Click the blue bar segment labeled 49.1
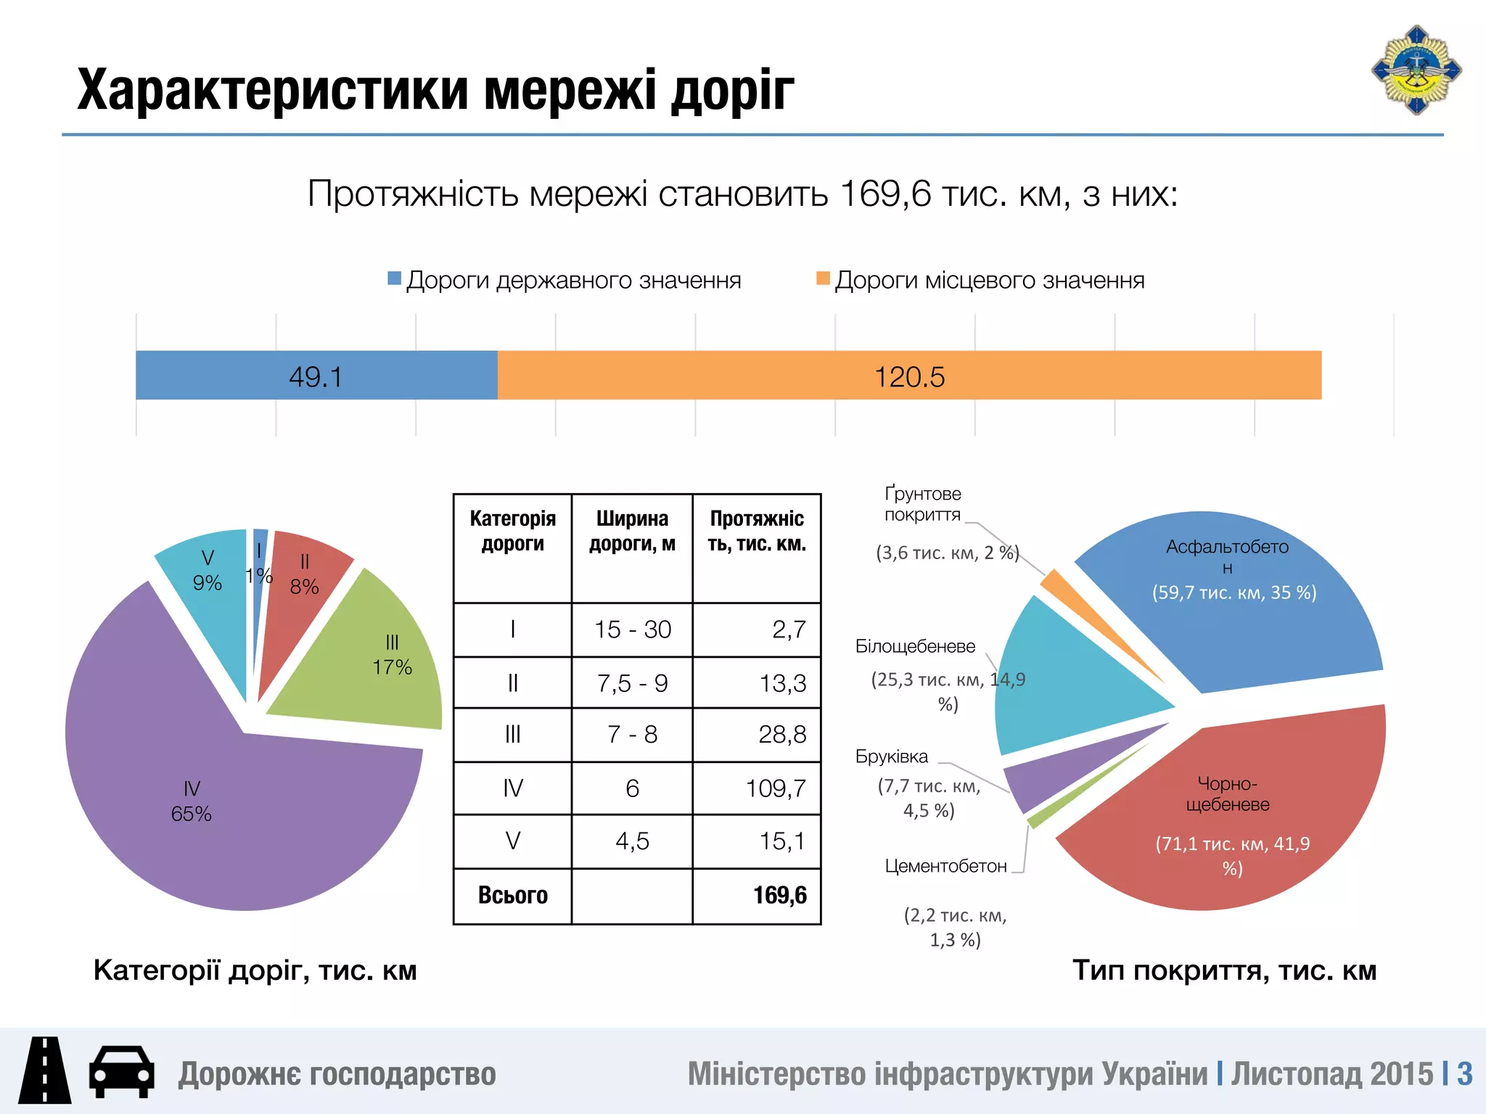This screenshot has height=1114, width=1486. tap(316, 376)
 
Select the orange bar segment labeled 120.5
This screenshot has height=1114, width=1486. tap(909, 376)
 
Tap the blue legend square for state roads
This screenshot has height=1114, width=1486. tap(395, 278)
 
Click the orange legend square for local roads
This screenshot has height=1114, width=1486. tap(823, 278)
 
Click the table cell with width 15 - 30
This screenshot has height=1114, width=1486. tap(632, 630)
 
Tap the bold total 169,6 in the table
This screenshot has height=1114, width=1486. tap(779, 896)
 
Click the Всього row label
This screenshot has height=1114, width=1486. tap(512, 896)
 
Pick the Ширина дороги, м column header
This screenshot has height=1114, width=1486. tap(632, 531)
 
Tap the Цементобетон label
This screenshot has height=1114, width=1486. tap(945, 867)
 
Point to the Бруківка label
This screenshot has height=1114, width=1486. tap(891, 757)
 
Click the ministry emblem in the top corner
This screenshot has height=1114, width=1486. tap(1416, 71)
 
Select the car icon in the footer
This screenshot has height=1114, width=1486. tap(121, 1071)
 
